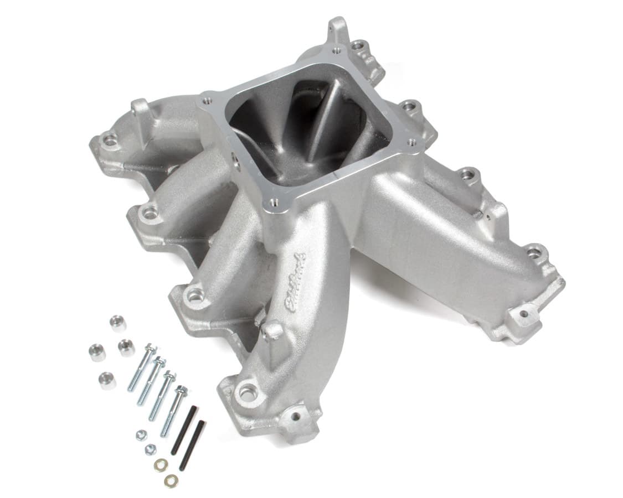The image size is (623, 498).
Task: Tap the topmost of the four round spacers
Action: point(117,322)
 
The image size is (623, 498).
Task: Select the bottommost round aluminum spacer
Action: point(107,380)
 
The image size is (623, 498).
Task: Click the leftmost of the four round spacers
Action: point(97,352)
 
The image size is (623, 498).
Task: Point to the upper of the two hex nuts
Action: point(142,435)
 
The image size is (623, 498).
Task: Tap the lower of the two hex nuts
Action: point(150,449)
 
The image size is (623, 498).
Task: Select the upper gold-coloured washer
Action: point(161,465)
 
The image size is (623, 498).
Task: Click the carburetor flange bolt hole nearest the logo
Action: point(274,204)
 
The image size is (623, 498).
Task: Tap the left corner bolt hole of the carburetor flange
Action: point(208,101)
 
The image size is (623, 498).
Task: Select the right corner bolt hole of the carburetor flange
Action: point(412,142)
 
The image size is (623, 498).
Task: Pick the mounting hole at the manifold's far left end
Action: point(110,141)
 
